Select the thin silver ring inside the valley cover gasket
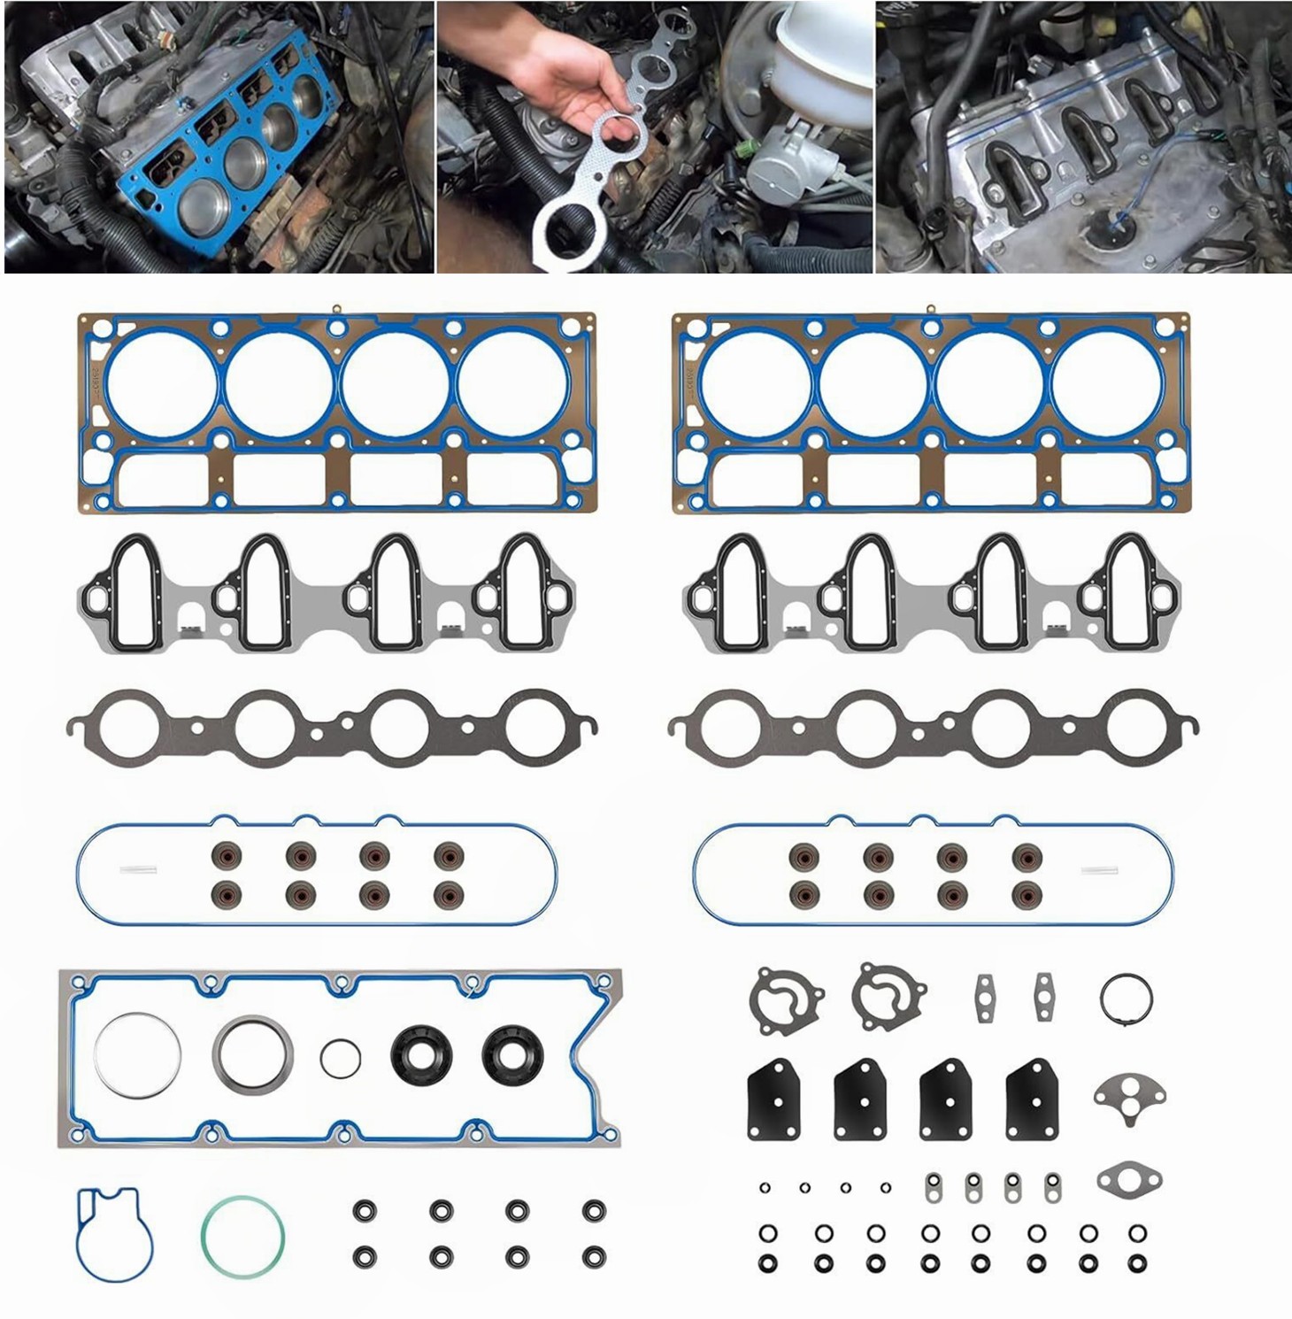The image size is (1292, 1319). [137, 1056]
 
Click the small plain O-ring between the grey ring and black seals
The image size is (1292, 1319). [341, 1057]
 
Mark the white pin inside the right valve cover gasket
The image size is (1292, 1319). [1099, 869]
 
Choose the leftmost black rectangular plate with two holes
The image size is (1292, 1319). [775, 1099]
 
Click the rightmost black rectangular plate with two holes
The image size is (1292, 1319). [1032, 1099]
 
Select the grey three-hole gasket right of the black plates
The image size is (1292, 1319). [1128, 1095]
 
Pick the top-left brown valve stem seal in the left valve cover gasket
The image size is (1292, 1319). [226, 855]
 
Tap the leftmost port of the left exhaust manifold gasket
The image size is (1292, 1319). [129, 729]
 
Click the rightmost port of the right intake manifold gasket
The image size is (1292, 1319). [1130, 591]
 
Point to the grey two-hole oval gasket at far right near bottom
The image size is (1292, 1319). [1129, 1178]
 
